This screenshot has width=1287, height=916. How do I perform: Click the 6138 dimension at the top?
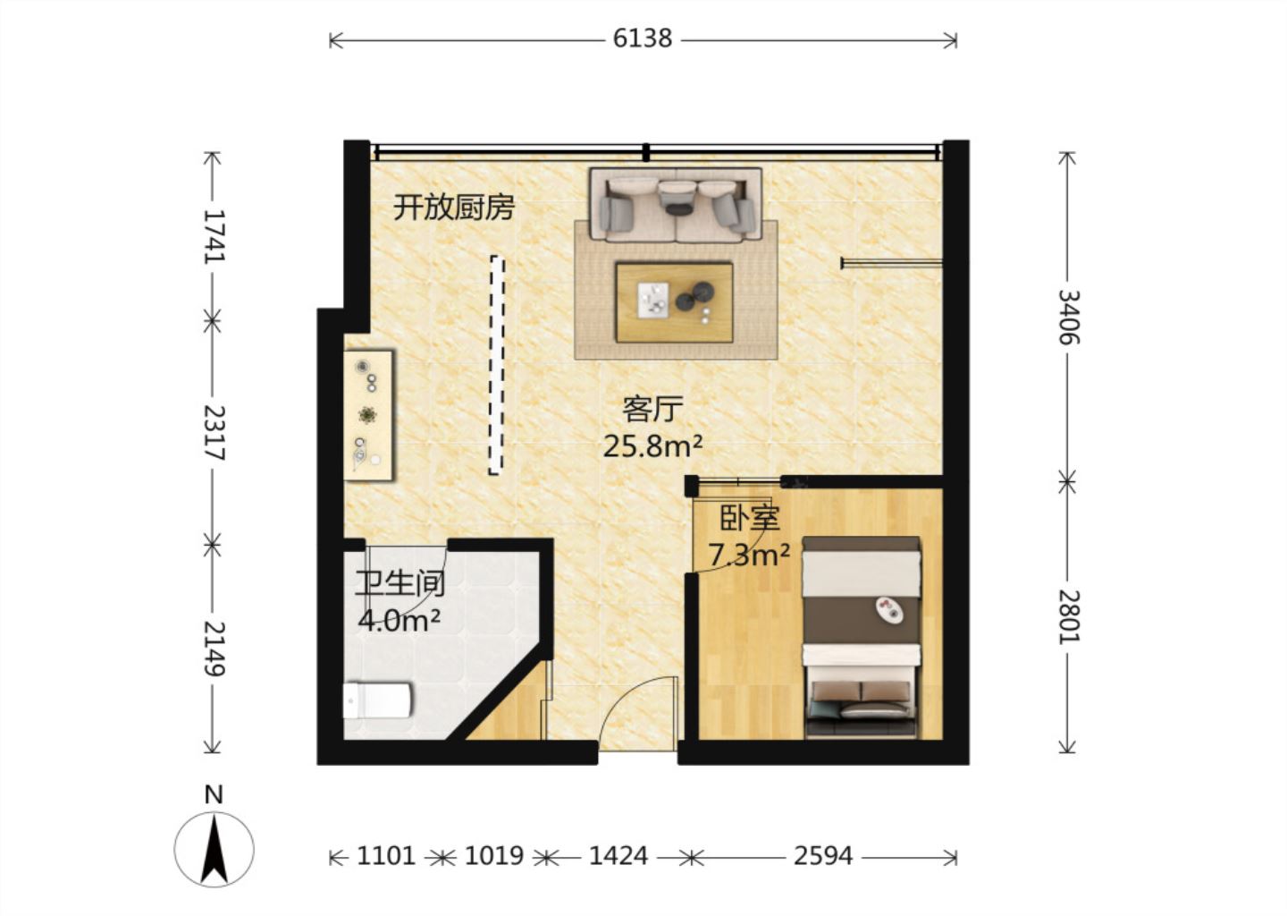642,38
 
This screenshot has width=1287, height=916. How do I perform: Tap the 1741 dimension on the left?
213,235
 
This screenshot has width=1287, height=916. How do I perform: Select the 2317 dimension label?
213,432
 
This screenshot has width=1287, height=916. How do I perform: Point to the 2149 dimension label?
213,649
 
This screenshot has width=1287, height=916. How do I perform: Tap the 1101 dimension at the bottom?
386,856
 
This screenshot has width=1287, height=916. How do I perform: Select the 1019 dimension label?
493,856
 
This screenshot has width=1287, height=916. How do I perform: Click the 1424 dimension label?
618,856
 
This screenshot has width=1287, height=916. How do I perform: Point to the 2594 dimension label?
822,856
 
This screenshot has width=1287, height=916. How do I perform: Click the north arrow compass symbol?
214,847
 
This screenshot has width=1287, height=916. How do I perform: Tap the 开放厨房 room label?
454,208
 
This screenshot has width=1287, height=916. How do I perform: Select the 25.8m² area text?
652,445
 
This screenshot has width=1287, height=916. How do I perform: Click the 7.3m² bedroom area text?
749,556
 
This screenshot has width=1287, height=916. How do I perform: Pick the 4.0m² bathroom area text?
399,620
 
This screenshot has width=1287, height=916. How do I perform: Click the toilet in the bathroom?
377,700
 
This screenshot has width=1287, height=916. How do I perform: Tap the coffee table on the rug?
674,301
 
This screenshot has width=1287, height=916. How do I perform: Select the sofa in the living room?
675,205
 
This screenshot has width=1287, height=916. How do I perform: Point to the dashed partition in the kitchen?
496,365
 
